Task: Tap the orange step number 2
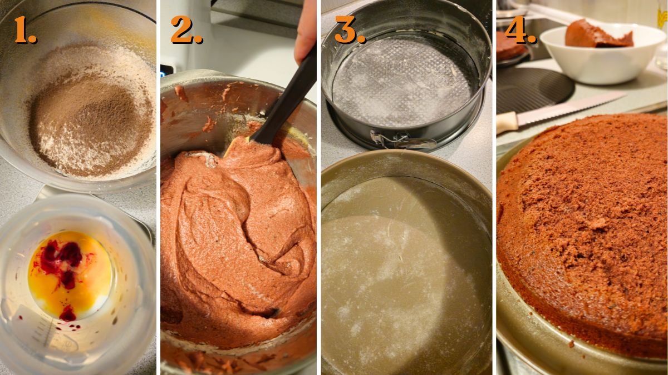click(x=185, y=31)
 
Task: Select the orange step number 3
click(x=348, y=31)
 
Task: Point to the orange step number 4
click(x=519, y=31)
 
